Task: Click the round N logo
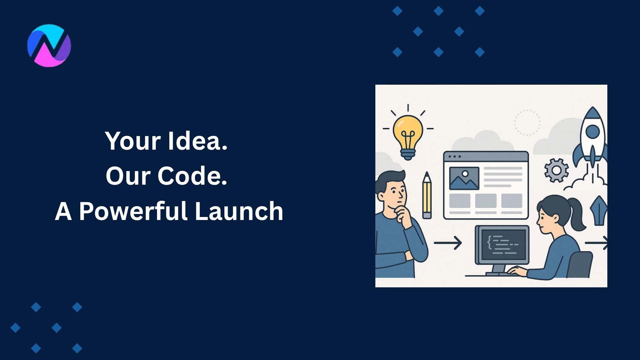point(49,45)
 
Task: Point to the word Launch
point(239,211)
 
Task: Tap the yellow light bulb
point(408,133)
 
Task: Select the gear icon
point(556,170)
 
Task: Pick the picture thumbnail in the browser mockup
point(464,178)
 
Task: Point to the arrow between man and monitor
point(448,243)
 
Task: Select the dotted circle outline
point(527,123)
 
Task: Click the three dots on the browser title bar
point(454,157)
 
